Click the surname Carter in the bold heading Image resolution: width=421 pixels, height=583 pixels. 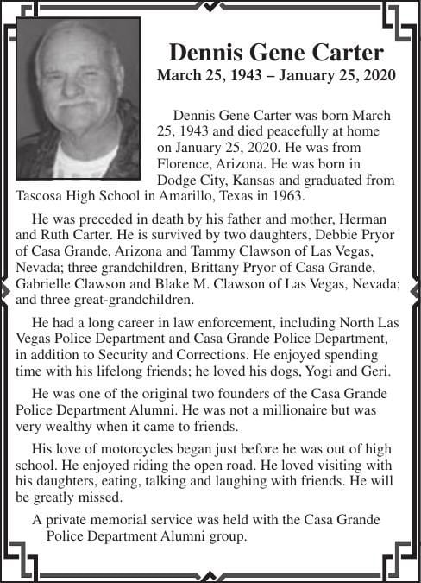(x=343, y=52)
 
